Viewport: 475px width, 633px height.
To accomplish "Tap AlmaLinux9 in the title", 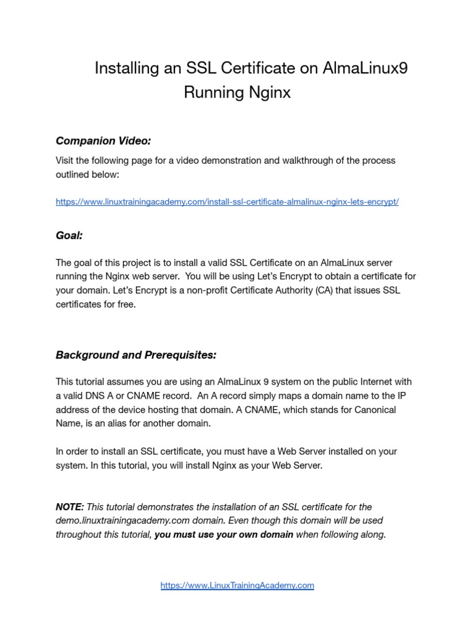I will [x=366, y=68].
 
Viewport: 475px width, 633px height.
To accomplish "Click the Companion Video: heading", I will [x=103, y=141].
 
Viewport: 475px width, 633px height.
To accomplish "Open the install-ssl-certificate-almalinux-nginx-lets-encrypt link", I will [x=227, y=202].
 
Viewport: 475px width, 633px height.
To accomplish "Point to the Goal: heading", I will [x=69, y=236].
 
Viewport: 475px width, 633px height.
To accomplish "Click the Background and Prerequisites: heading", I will [x=136, y=355].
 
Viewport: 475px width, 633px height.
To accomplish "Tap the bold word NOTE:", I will [x=70, y=507].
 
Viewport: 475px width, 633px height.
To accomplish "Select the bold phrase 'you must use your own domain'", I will [x=224, y=535].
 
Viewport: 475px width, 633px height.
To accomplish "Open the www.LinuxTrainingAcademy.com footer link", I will [x=237, y=585].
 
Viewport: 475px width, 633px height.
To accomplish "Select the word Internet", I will [x=355, y=382].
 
